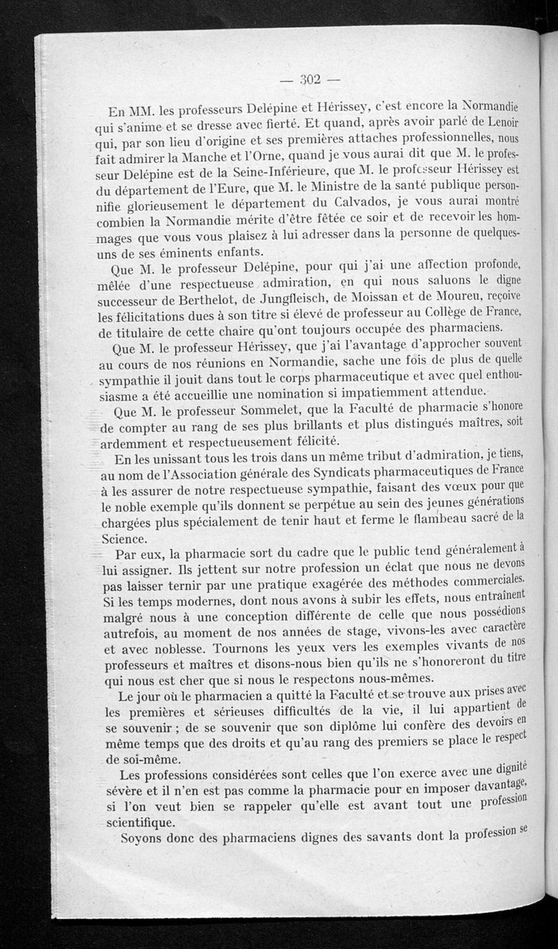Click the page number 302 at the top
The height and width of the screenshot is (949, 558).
point(309,79)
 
